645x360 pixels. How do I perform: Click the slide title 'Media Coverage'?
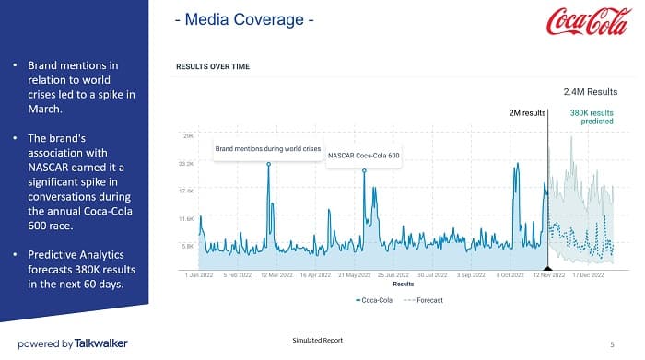[245, 18]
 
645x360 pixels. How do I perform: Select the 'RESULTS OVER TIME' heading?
[213, 66]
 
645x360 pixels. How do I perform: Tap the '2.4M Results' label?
[590, 93]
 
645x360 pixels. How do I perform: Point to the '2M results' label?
[527, 113]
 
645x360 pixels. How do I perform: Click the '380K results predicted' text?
[592, 117]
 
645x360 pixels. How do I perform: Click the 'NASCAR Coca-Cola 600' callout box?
[364, 156]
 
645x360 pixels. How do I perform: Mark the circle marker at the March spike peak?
[269, 165]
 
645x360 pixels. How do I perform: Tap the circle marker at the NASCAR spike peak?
[365, 170]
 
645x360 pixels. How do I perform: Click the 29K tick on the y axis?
[188, 135]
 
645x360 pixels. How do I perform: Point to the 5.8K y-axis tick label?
[187, 246]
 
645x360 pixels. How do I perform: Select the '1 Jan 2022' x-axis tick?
[199, 274]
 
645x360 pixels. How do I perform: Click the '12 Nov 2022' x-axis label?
[549, 274]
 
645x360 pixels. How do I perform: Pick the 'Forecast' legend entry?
[424, 300]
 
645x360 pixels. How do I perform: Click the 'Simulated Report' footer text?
[317, 341]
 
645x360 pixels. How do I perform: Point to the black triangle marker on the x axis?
[548, 267]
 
